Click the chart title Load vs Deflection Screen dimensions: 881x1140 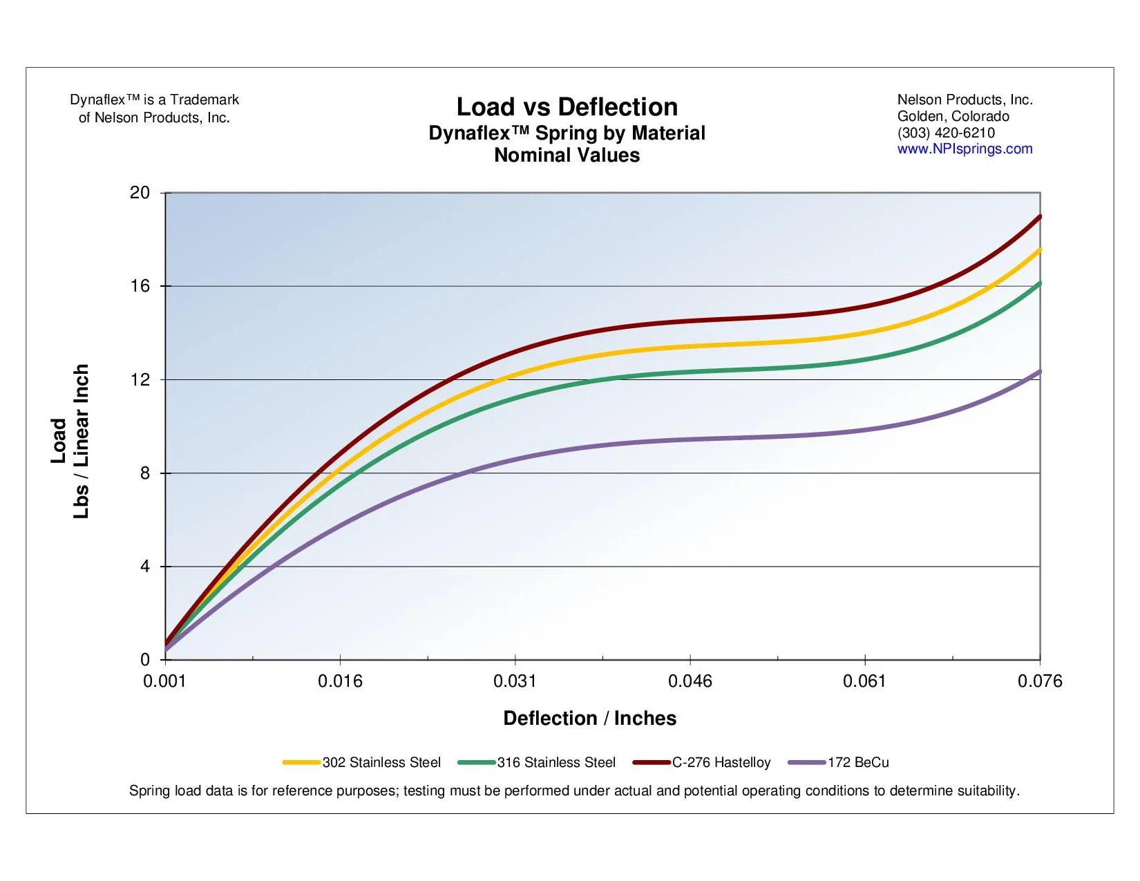click(x=567, y=107)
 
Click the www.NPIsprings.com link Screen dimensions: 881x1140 click(x=965, y=149)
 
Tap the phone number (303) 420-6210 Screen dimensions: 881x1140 click(x=946, y=133)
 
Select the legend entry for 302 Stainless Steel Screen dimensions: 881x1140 click(x=381, y=763)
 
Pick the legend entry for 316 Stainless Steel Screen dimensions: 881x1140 click(x=555, y=763)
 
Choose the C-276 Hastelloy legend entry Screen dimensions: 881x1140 click(x=721, y=763)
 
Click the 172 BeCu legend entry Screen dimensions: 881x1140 click(x=857, y=763)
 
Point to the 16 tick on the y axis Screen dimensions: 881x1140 click(x=140, y=286)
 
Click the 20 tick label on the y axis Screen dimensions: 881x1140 click(x=140, y=193)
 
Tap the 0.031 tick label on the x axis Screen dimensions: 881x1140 click(x=515, y=682)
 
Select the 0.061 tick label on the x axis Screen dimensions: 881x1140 click(x=864, y=682)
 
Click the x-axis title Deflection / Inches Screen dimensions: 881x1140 click(x=589, y=719)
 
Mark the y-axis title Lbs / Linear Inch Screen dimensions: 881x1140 click(x=82, y=441)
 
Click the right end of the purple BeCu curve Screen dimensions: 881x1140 click(x=1038, y=372)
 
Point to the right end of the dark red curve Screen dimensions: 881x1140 click(x=1038, y=218)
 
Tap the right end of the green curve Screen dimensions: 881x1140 click(x=1038, y=284)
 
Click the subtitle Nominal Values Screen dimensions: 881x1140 click(x=567, y=155)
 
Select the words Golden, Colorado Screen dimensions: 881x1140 click(x=953, y=116)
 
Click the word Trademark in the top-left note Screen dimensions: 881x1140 click(x=205, y=100)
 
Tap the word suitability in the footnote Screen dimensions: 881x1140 click(x=987, y=791)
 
